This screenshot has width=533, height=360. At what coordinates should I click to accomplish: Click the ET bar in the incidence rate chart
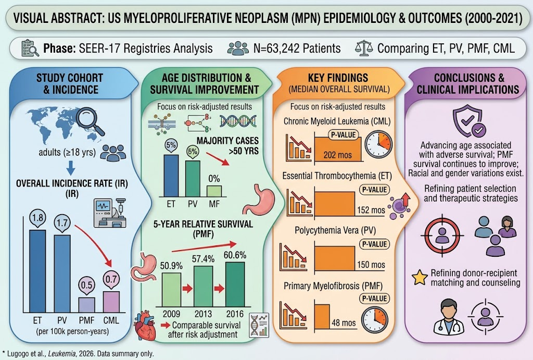[x=37, y=271]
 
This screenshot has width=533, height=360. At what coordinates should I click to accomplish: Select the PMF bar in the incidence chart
[x=87, y=305]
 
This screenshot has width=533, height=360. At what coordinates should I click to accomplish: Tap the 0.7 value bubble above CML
[x=111, y=280]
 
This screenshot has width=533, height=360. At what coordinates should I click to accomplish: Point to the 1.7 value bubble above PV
[x=62, y=224]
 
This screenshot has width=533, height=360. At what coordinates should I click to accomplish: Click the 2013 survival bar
[x=204, y=286]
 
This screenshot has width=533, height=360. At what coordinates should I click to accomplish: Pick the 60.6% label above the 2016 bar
[x=235, y=255]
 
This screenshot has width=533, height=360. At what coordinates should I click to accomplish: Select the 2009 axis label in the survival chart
[x=171, y=314]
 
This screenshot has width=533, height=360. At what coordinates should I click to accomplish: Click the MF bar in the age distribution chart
[x=214, y=191]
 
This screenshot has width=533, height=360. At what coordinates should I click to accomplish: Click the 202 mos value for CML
[x=337, y=155]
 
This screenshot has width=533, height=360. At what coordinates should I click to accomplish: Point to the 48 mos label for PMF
[x=344, y=322]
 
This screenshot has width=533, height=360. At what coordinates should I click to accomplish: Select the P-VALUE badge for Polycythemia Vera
[x=374, y=244]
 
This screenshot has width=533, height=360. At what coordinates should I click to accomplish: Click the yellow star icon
[x=420, y=278]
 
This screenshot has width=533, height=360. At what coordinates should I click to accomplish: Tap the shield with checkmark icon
[x=469, y=120]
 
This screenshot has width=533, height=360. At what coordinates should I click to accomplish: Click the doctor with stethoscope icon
[x=449, y=316]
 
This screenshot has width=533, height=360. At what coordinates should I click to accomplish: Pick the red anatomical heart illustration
[x=146, y=326]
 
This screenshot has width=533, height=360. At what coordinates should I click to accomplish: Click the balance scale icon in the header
[x=363, y=48]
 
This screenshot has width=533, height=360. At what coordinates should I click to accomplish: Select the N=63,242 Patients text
[x=297, y=48]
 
